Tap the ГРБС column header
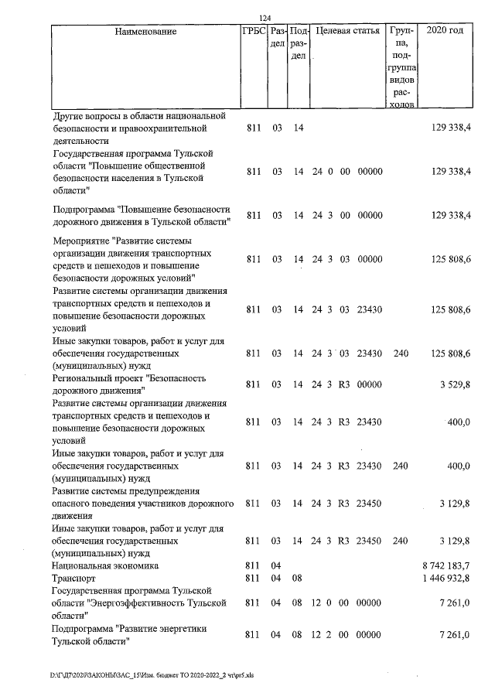253,32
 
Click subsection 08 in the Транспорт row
297,578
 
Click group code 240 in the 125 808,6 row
400,353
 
